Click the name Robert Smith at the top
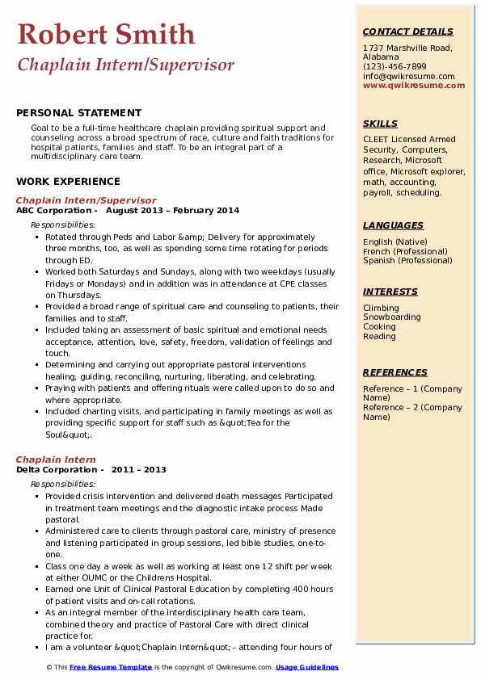tap(106, 35)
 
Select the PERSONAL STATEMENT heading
tap(78, 113)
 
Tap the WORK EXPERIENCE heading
tap(68, 182)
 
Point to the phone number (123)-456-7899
tap(395, 67)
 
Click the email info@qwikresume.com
tap(408, 76)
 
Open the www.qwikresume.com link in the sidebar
tap(408, 85)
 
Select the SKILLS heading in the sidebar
tap(380, 124)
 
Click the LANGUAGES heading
tap(393, 225)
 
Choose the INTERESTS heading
tap(390, 292)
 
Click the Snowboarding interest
tap(392, 317)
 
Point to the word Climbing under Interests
tap(381, 309)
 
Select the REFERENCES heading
tap(395, 372)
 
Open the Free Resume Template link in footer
tap(110, 667)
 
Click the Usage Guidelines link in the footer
tap(307, 667)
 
